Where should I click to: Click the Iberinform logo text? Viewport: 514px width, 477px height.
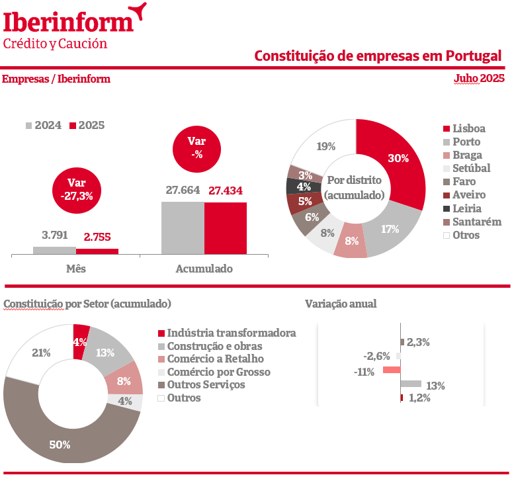tap(69, 22)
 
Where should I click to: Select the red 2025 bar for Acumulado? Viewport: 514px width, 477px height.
tap(225, 228)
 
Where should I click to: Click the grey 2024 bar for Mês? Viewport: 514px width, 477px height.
tap(54, 250)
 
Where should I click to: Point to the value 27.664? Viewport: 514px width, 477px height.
tap(183, 191)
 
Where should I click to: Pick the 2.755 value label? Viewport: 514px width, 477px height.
tap(97, 236)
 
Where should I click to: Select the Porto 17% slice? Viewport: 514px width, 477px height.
tap(392, 229)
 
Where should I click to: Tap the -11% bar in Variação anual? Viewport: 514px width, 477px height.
tap(392, 370)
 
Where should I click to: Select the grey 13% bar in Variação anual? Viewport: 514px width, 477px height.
tap(411, 383)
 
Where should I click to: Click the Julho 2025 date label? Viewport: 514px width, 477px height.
tap(478, 79)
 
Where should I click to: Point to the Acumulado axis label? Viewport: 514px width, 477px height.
tap(204, 269)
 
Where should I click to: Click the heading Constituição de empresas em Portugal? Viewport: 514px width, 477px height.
tap(378, 56)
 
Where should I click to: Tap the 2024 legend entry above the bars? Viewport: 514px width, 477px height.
tap(43, 125)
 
